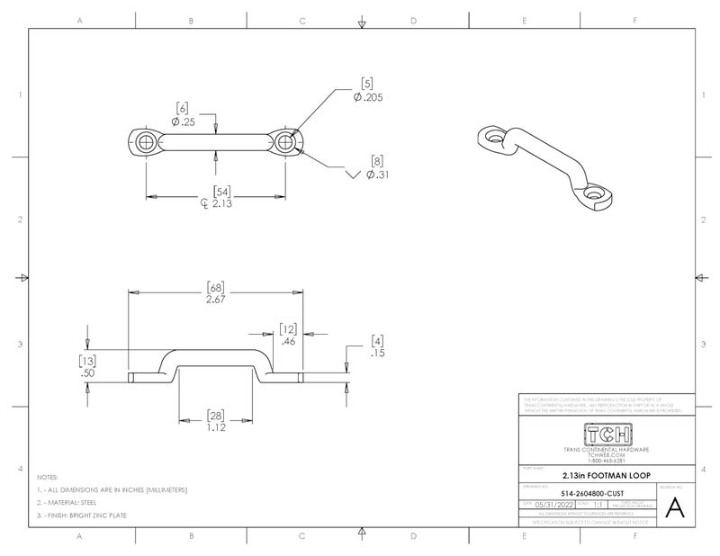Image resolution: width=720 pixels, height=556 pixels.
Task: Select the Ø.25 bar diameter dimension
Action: pos(185,121)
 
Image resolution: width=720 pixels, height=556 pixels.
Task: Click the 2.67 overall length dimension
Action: pos(215,299)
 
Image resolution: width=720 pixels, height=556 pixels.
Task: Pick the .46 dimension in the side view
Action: pos(288,342)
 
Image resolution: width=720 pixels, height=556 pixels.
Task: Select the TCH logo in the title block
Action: pos(607,434)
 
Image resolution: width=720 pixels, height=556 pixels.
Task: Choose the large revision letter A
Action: pos(676,509)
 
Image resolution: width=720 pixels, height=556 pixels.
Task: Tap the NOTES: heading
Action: pos(47,476)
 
